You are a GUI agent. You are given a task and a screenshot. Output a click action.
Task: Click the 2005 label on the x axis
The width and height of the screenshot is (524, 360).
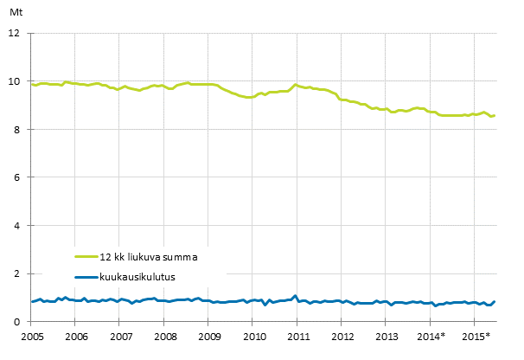32,336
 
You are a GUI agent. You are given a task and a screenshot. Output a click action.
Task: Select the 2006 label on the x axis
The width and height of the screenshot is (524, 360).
76,336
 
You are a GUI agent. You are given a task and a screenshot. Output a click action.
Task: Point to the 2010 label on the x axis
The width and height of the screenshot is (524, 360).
252,336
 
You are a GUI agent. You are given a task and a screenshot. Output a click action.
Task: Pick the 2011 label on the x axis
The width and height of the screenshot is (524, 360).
297,336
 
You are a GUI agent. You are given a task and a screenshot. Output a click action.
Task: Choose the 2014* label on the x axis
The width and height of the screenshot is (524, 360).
431,336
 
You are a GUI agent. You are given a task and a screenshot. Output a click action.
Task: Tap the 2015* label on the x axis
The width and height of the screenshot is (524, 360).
476,336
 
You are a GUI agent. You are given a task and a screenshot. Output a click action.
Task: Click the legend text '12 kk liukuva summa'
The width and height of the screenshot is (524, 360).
155,256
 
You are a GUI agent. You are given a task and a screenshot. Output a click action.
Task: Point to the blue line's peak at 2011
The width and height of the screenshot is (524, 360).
295,296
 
